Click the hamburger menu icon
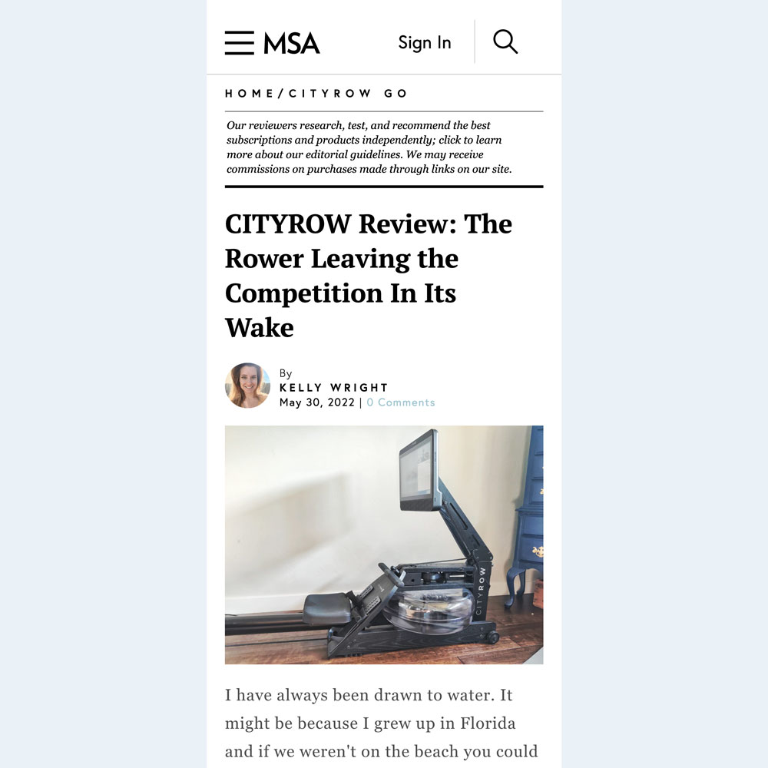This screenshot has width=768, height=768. pyautogui.click(x=239, y=43)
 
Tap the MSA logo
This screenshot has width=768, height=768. pyautogui.click(x=292, y=43)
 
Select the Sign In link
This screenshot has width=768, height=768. pyautogui.click(x=424, y=43)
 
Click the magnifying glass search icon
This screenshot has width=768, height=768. pyautogui.click(x=505, y=41)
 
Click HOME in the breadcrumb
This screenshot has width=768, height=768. pyautogui.click(x=249, y=94)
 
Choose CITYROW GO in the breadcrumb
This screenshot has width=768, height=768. pyautogui.click(x=348, y=94)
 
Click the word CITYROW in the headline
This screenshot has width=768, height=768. pyautogui.click(x=287, y=224)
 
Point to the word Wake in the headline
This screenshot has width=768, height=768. pyautogui.click(x=259, y=328)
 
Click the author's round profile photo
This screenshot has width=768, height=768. pyautogui.click(x=247, y=386)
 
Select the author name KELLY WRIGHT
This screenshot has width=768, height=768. pyautogui.click(x=334, y=388)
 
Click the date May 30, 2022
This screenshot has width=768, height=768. pyautogui.click(x=316, y=402)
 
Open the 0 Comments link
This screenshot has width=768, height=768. pyautogui.click(x=400, y=402)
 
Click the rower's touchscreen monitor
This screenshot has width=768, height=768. pyautogui.click(x=419, y=471)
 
